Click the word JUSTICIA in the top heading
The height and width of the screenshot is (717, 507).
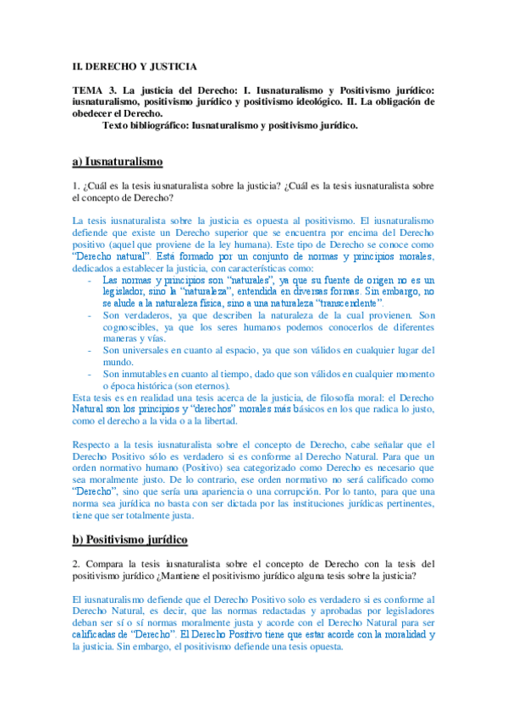(x=174, y=66)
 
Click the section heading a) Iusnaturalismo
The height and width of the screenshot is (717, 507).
(x=117, y=161)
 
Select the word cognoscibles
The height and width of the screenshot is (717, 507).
(x=132, y=326)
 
